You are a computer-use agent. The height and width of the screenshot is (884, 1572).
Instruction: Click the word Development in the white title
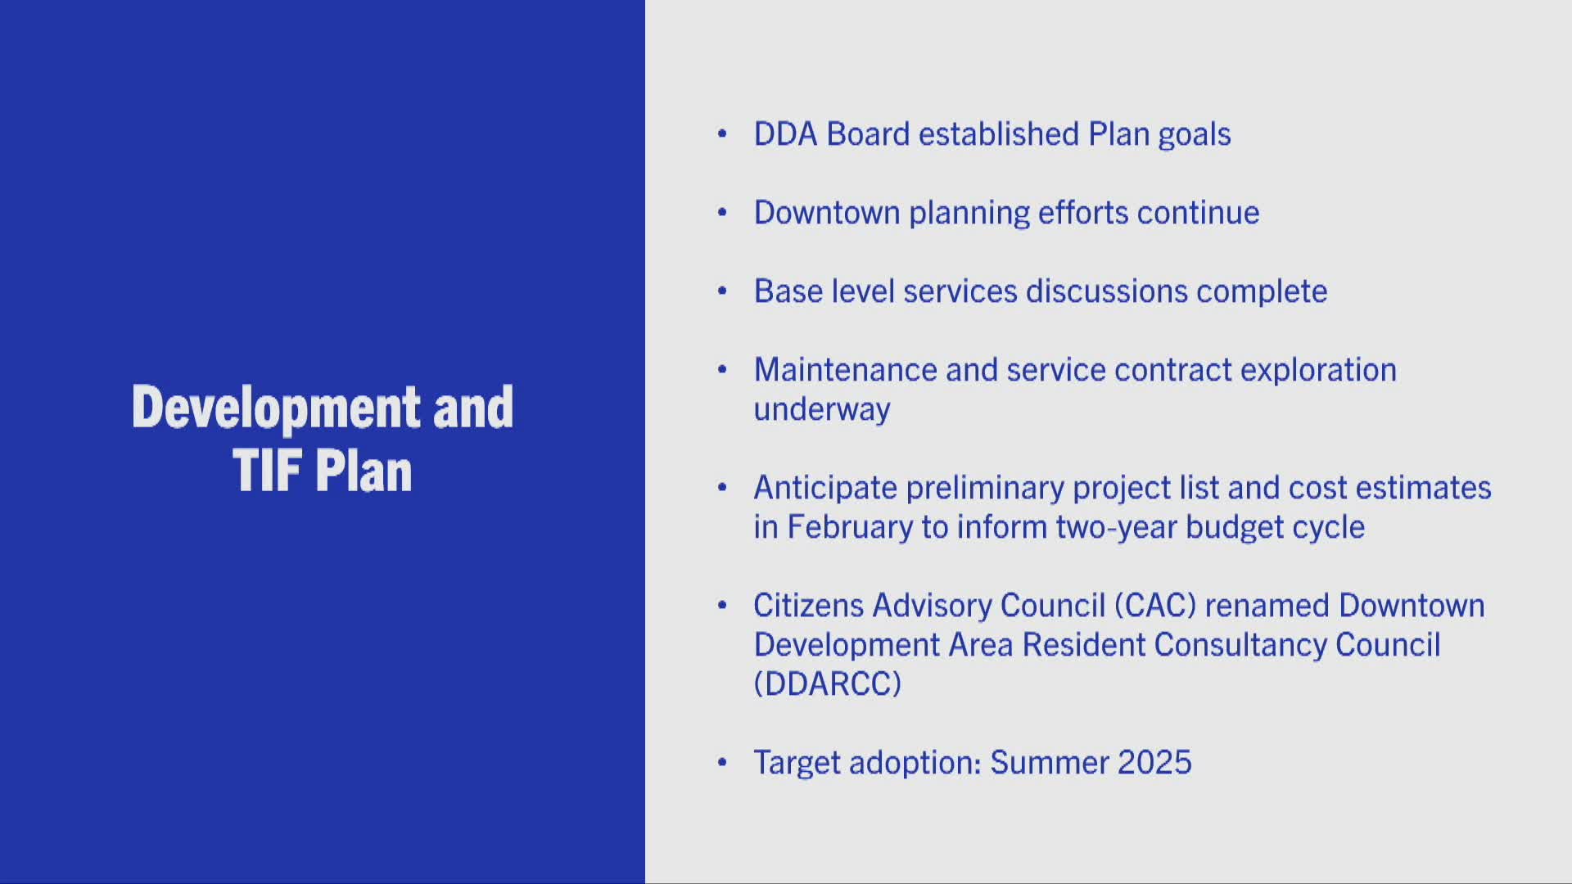pos(276,407)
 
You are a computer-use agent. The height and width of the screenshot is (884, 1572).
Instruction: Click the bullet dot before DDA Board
pos(722,134)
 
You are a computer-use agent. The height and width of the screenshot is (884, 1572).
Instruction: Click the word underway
pos(821,409)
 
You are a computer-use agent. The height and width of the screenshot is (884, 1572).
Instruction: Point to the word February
pos(849,527)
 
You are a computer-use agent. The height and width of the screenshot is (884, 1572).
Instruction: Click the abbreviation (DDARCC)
pos(827,684)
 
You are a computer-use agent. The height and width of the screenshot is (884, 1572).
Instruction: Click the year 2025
pos(1154,763)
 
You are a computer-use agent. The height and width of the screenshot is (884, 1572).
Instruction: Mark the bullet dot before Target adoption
pos(722,763)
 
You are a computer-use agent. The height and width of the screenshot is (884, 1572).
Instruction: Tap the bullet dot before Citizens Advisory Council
pos(722,606)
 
